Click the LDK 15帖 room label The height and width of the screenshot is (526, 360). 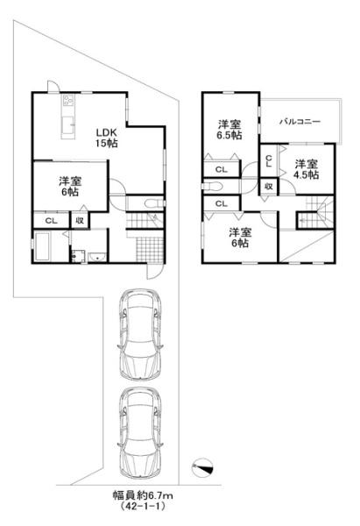107,138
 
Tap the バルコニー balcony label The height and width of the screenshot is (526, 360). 300,122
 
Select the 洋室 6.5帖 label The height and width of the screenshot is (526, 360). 230,130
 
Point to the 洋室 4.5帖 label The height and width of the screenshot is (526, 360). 307,169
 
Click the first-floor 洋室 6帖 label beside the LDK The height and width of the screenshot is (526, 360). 70,187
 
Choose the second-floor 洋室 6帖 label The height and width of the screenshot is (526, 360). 240,238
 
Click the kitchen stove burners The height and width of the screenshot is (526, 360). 68,100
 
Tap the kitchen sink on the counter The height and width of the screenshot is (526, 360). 67,125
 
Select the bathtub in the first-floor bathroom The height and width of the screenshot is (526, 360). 43,246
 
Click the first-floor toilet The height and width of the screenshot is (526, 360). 154,203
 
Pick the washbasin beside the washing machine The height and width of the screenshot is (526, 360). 97,258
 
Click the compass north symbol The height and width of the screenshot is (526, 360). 202,467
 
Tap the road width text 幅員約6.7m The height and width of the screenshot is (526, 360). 142,495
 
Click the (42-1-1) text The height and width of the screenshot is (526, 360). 143,506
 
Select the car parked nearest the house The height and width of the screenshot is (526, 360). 140,335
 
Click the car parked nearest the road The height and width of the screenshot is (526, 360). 140,433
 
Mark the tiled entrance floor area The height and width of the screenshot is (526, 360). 150,249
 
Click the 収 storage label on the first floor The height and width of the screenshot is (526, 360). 80,221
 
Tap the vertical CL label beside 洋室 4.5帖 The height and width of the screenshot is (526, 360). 269,160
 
